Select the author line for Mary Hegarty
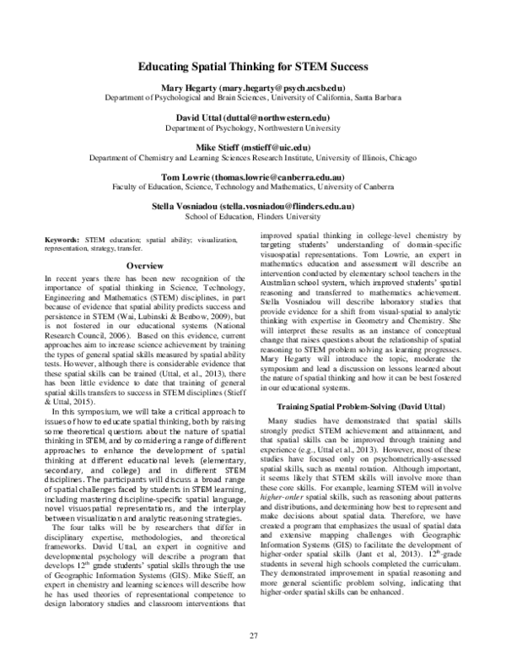tap(252, 88)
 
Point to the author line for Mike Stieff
tap(252, 147)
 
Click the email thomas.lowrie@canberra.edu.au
tap(286, 176)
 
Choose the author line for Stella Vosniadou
tap(252, 206)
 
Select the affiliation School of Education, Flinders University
tap(252, 216)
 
